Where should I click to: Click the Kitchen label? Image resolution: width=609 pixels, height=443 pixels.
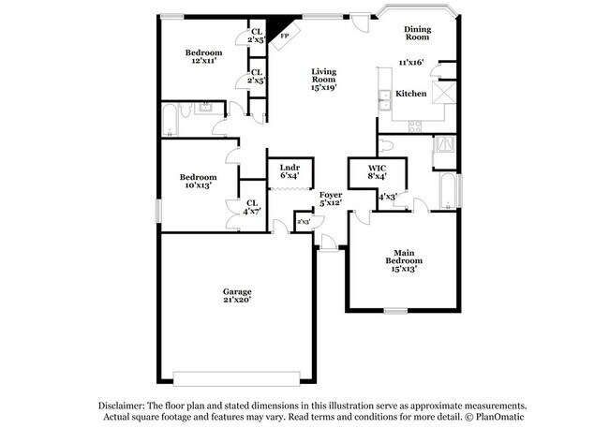pos(411,94)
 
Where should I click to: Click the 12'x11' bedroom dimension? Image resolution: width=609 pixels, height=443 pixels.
pos(203,61)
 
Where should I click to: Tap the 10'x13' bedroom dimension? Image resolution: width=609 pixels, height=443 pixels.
pos(199,185)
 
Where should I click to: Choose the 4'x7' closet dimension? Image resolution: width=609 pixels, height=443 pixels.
pos(252,212)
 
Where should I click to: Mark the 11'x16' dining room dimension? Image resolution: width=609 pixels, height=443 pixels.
pos(411,62)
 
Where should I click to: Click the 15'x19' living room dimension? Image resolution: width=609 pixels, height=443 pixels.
pos(324,87)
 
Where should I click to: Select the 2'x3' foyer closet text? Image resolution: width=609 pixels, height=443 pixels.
pos(304,222)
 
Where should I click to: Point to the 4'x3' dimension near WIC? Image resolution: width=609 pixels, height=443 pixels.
pos(387,197)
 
